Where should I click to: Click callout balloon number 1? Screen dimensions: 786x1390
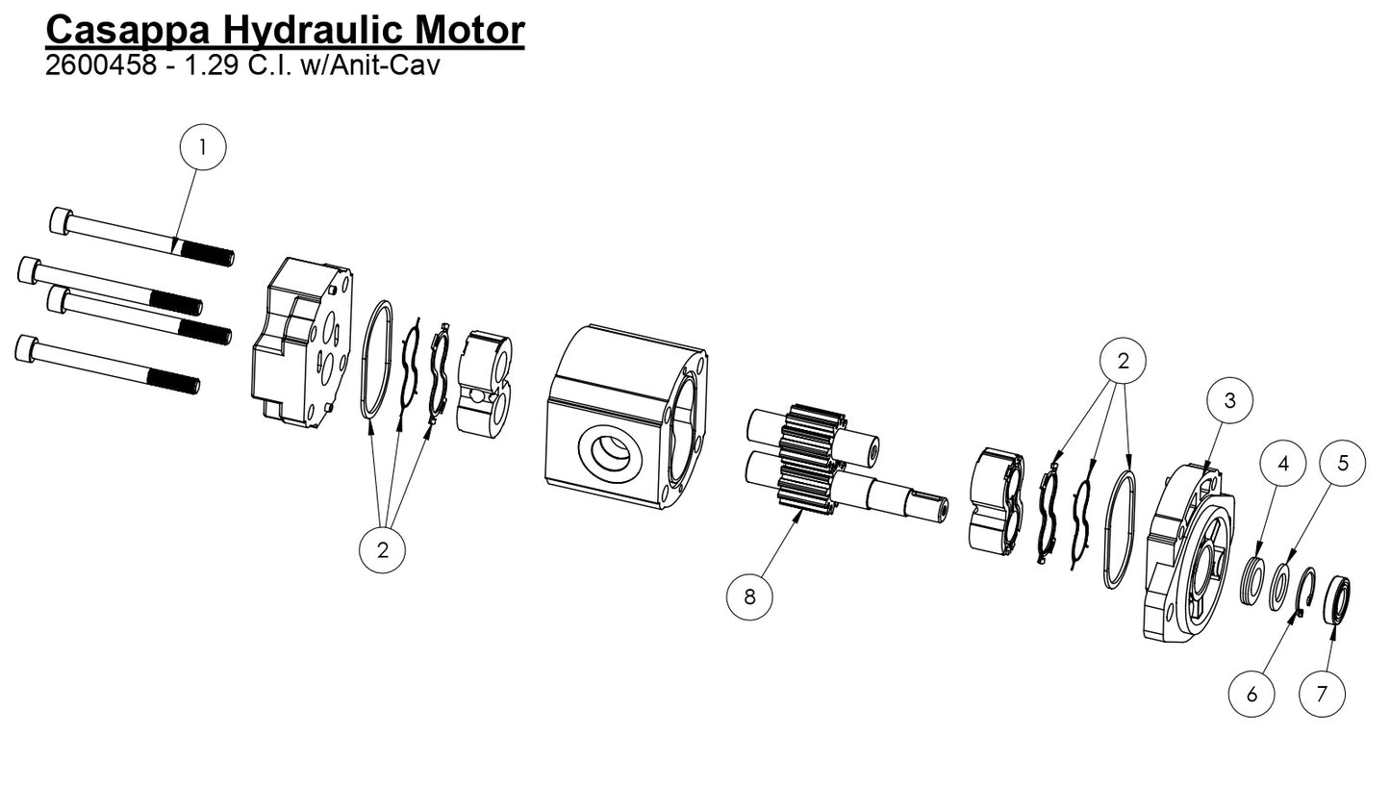coord(203,147)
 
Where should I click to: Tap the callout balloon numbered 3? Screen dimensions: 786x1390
coord(1229,399)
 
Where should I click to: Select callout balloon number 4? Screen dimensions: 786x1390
coord(1282,465)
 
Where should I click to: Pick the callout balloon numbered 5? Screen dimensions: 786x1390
coord(1343,463)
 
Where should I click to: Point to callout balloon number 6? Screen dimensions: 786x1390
coord(1251,694)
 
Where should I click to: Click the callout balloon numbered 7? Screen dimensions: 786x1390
coord(1322,694)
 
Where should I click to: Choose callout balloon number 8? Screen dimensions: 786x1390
coord(749,596)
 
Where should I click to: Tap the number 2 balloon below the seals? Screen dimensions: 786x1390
coord(382,550)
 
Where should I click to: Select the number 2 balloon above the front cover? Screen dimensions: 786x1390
coord(1123,361)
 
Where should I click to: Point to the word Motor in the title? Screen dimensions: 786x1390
coord(469,30)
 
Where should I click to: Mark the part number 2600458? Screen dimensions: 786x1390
coord(99,65)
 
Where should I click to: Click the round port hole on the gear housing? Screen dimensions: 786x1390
coord(610,452)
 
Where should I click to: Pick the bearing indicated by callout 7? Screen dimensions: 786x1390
coord(1337,598)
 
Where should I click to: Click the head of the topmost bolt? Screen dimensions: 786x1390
coord(61,220)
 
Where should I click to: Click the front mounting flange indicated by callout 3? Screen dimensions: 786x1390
coord(1189,556)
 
